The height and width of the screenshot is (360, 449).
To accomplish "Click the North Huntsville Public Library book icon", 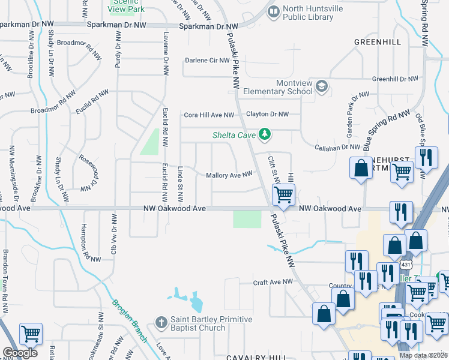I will pyautogui.click(x=274, y=11).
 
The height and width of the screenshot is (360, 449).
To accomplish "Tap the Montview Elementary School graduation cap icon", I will pyautogui.click(x=322, y=87).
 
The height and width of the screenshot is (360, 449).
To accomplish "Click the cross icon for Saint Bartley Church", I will pyautogui.click(x=160, y=323).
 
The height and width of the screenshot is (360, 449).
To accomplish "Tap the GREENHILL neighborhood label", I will pyautogui.click(x=377, y=42).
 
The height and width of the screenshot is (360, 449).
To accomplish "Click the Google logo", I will pyautogui.click(x=20, y=353).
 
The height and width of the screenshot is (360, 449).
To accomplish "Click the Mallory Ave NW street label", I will pyautogui.click(x=229, y=175).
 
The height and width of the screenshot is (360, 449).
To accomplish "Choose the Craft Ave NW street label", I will pyautogui.click(x=273, y=281).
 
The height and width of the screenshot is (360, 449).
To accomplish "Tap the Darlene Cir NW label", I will pyautogui.click(x=207, y=61).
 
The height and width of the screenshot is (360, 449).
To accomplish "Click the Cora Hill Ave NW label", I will pyautogui.click(x=208, y=115).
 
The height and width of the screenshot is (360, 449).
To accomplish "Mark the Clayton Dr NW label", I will pyautogui.click(x=268, y=114).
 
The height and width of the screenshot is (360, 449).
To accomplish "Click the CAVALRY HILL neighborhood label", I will pyautogui.click(x=256, y=357).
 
